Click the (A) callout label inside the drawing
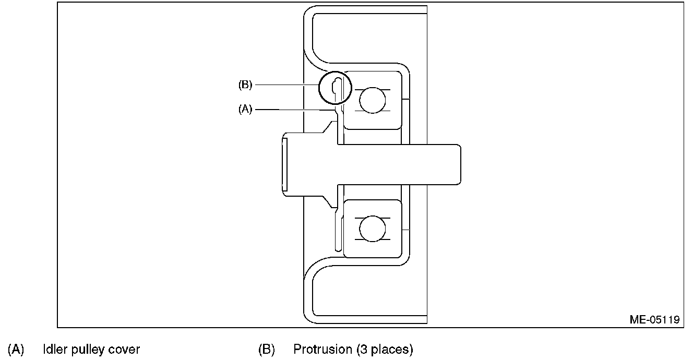(x=245, y=110)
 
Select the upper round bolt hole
(x=372, y=100)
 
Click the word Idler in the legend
(x=53, y=349)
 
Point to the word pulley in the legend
(x=86, y=350)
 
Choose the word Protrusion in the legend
(x=322, y=349)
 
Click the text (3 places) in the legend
(x=385, y=349)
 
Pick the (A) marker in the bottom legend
(x=16, y=349)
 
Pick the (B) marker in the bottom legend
(x=267, y=349)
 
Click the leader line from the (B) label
(x=287, y=85)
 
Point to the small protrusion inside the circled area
(x=337, y=87)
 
